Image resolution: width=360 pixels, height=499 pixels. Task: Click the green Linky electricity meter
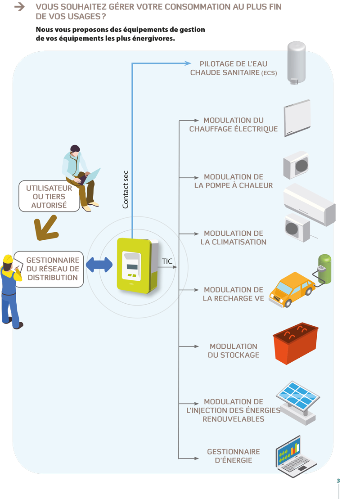click(135, 265)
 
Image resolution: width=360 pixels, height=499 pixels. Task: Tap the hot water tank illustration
click(296, 63)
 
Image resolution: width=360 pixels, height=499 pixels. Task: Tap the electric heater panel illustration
click(297, 118)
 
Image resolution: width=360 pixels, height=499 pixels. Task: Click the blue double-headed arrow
click(99, 265)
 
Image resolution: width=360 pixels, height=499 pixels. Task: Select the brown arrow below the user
click(46, 228)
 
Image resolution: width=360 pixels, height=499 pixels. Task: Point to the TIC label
click(167, 261)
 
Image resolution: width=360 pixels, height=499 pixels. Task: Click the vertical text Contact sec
click(126, 189)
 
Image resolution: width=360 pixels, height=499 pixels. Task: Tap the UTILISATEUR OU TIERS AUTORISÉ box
click(49, 196)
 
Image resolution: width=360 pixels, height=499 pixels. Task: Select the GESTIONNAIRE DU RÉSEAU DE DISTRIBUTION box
click(52, 269)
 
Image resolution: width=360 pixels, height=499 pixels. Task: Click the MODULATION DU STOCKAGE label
click(234, 351)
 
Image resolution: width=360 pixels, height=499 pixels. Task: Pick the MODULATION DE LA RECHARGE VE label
click(234, 294)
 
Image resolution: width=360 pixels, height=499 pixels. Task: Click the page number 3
click(338, 481)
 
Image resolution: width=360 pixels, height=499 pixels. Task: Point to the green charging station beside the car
click(324, 269)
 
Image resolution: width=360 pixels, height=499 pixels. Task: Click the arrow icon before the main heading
click(19, 7)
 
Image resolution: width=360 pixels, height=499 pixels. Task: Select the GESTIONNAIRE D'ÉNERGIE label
click(234, 456)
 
